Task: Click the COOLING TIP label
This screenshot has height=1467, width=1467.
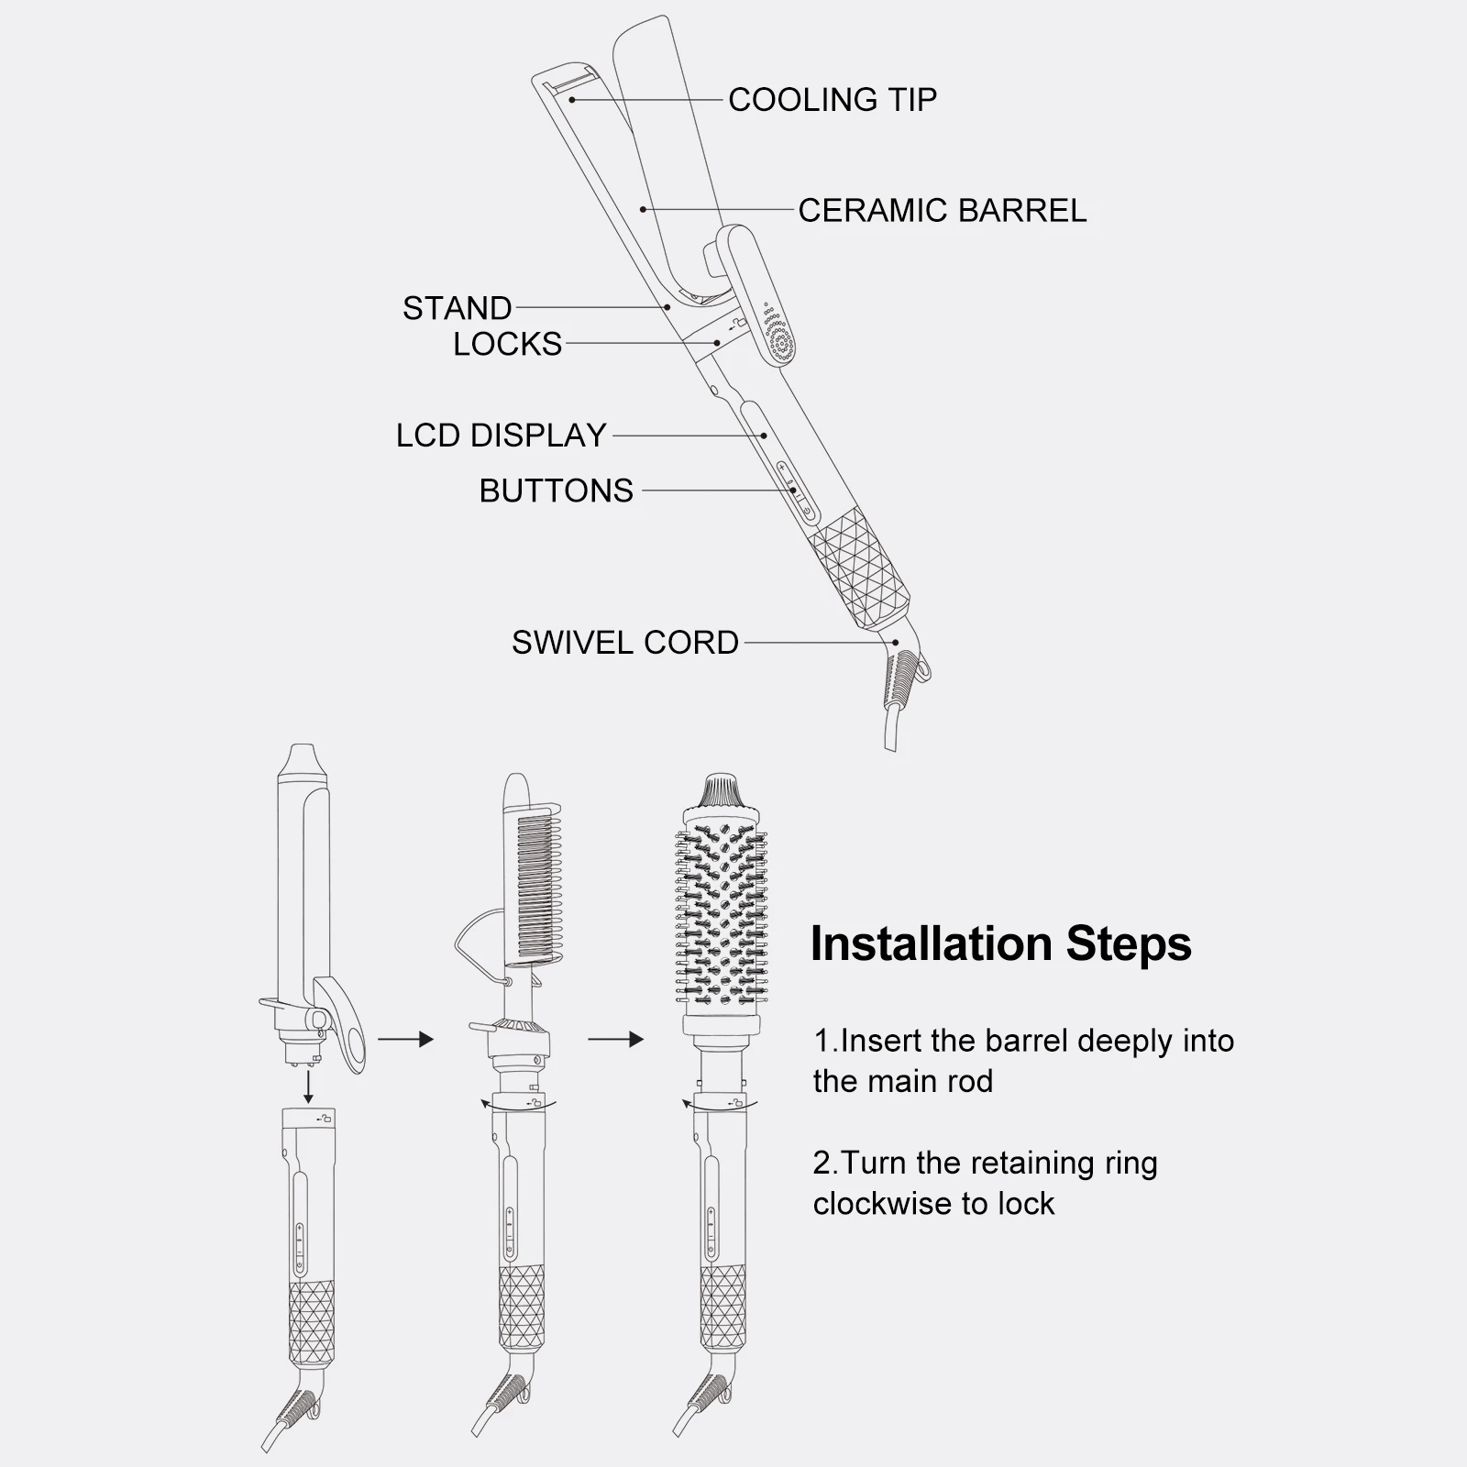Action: tap(832, 99)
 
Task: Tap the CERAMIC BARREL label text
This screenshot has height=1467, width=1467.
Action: tap(942, 210)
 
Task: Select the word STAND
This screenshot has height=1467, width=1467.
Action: tap(457, 308)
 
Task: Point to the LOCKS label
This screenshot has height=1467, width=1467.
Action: tap(507, 344)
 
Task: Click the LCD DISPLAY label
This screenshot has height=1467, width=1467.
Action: tap(501, 435)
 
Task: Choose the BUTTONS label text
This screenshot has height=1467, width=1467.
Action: tap(556, 491)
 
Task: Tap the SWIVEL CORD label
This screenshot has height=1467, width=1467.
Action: tap(624, 642)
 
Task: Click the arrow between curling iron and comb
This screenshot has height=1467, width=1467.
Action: tap(404, 1039)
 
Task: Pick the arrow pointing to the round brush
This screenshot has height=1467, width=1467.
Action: tap(615, 1039)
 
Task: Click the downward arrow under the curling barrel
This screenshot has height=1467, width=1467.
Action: tap(309, 1086)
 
